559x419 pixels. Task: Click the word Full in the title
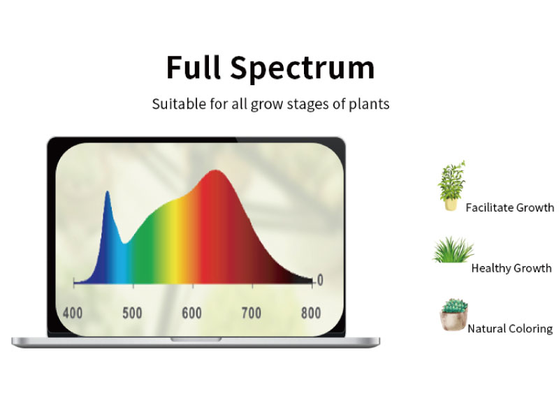(x=194, y=67)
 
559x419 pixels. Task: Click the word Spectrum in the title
(x=303, y=68)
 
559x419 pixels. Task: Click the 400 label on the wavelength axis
(x=73, y=313)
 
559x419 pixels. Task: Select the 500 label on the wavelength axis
(x=132, y=313)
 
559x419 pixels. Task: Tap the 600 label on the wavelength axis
(x=191, y=313)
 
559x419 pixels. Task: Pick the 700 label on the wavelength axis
(x=252, y=313)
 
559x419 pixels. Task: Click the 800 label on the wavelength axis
(x=311, y=313)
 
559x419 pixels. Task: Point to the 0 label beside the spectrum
(x=320, y=280)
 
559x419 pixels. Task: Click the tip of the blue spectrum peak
(x=108, y=191)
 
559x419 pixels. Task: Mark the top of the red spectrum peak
(x=215, y=170)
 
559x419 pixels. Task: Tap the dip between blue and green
(x=124, y=243)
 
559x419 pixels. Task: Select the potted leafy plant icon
(x=452, y=186)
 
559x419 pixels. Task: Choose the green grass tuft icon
(x=453, y=250)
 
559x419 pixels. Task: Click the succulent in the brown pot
(x=453, y=315)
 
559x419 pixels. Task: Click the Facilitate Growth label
(x=510, y=207)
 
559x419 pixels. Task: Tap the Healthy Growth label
(x=511, y=268)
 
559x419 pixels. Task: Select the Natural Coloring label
(x=510, y=328)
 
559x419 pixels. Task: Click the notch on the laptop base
(x=196, y=339)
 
